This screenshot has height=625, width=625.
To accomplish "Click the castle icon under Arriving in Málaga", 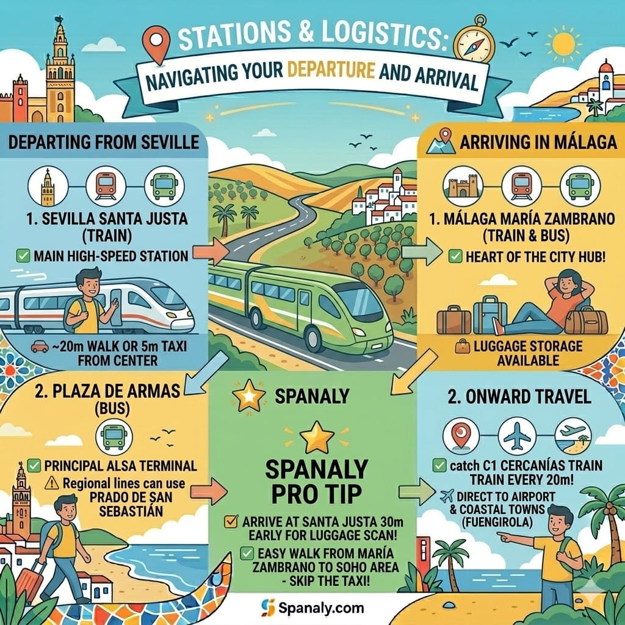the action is point(463,184).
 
